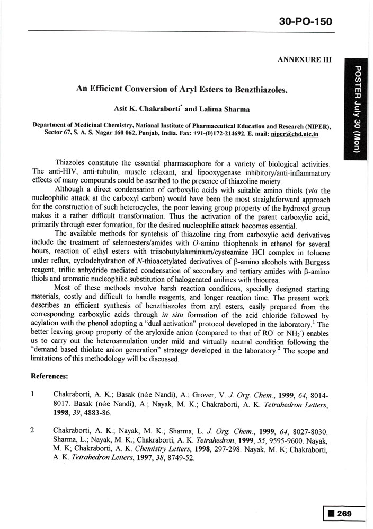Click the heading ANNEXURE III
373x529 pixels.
304,60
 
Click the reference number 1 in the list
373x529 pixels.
33,394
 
